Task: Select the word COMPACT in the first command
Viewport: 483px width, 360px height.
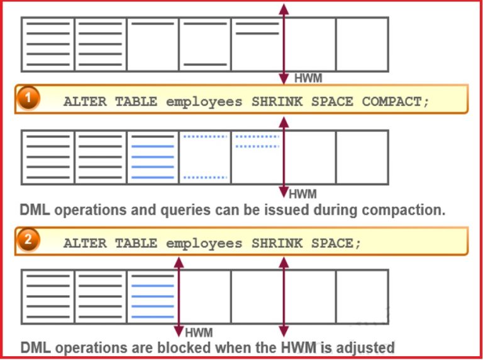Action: (396, 102)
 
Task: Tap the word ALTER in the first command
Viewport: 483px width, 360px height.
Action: (84, 102)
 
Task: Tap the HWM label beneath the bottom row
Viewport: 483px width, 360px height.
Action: (198, 332)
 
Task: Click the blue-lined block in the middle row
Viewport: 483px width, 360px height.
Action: (153, 157)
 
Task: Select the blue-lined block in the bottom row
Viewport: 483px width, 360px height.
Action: (153, 296)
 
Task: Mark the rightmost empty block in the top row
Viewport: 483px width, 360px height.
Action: (362, 44)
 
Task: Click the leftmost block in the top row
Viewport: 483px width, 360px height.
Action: (48, 44)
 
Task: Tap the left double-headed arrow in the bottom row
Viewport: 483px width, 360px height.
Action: (179, 296)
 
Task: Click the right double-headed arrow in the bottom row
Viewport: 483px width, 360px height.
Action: (284, 296)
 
